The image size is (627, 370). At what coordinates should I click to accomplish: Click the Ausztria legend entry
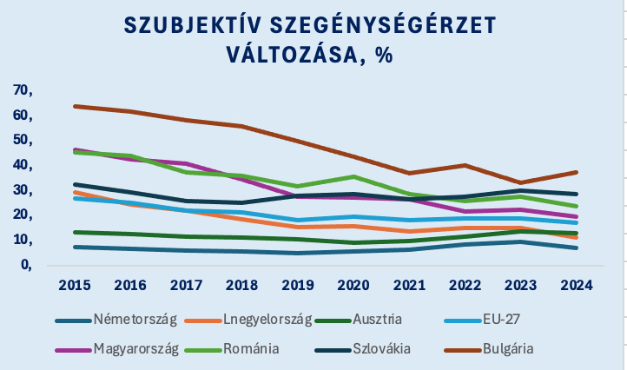(383, 320)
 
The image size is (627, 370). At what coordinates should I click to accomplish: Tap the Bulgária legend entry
(503, 349)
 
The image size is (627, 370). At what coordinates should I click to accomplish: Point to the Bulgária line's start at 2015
(76, 106)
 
